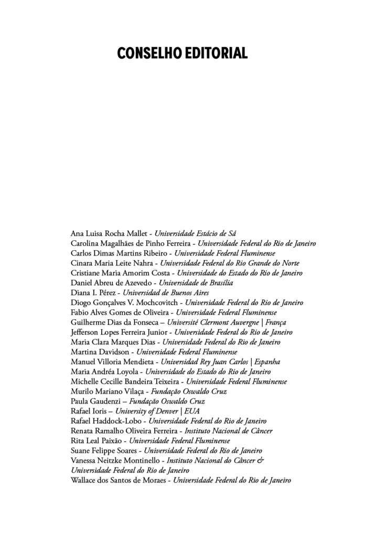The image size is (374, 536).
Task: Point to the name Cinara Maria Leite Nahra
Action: [112, 263]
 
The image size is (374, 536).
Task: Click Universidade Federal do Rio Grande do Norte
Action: [230, 263]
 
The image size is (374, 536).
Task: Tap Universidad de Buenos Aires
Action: [166, 293]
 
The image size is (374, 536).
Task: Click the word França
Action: [276, 322]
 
